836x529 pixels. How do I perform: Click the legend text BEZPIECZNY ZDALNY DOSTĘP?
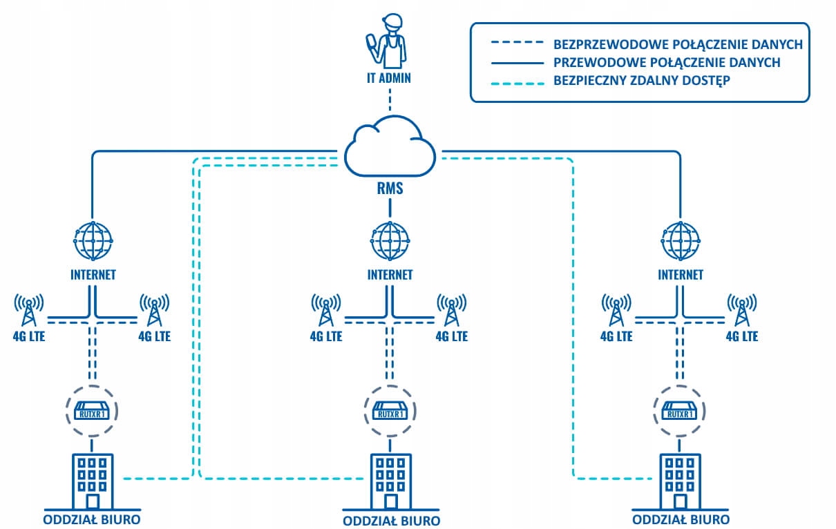click(642, 80)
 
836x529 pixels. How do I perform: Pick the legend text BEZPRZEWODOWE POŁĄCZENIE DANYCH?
click(678, 44)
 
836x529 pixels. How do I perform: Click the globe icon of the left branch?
click(93, 239)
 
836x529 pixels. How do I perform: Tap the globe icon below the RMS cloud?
click(390, 239)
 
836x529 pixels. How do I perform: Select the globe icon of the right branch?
click(680, 239)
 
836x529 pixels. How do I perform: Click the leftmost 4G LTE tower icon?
click(29, 310)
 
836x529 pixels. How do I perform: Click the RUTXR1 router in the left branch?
click(93, 411)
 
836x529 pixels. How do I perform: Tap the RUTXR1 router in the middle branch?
click(390, 411)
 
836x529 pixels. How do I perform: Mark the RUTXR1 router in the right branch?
click(680, 411)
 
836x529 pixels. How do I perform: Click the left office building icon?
click(93, 481)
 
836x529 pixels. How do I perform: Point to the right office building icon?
click(680, 481)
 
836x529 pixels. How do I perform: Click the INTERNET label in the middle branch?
click(390, 275)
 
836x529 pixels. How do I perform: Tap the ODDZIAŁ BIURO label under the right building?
click(680, 519)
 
